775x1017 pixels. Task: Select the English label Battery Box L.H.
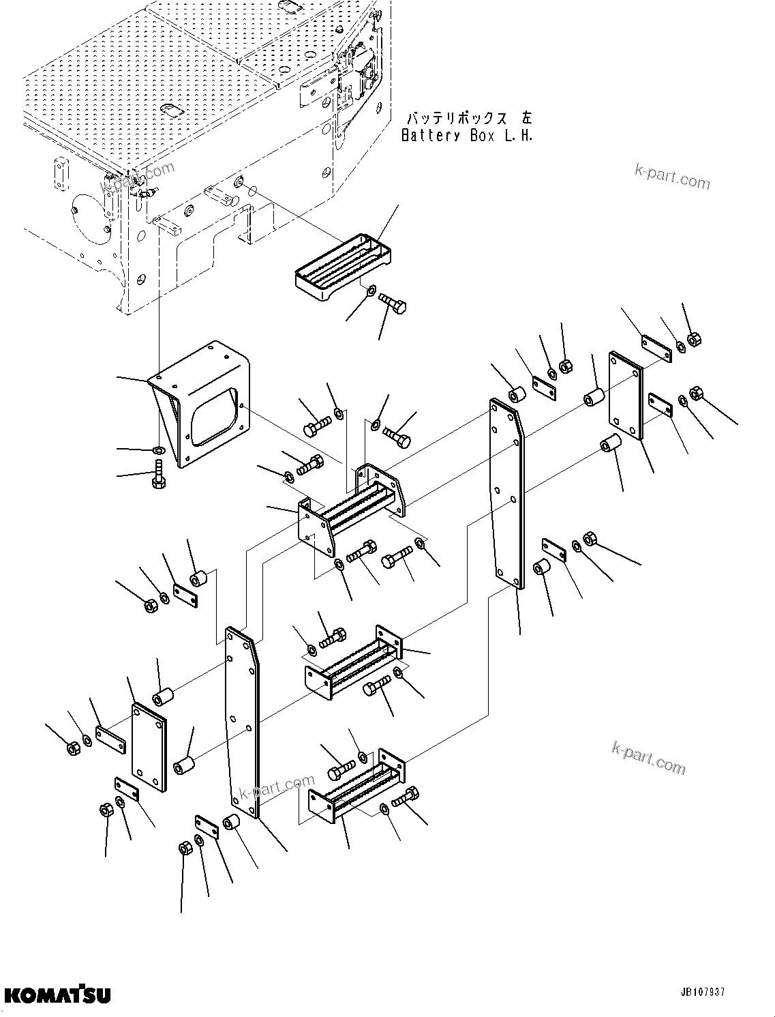tap(467, 135)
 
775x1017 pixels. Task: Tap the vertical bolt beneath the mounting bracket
tap(158, 475)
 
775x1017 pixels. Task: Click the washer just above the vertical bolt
tap(158, 450)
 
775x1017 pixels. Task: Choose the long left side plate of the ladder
tap(243, 723)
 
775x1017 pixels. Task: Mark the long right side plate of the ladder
tap(506, 495)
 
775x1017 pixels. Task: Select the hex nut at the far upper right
tap(695, 339)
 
